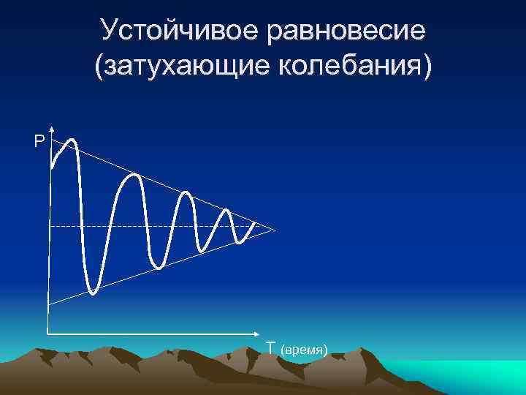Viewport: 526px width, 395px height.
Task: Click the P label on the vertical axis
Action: tap(38, 141)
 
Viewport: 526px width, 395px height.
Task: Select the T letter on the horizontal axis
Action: tap(270, 347)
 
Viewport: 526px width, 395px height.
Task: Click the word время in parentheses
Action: tap(306, 350)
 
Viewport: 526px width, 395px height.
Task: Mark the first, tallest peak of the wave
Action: tap(72, 139)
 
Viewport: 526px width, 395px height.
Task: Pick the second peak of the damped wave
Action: tap(134, 176)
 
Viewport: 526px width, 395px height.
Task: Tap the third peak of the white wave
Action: tap(186, 194)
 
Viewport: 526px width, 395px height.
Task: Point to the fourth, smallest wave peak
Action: tap(226, 211)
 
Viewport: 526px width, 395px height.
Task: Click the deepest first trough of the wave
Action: tap(93, 293)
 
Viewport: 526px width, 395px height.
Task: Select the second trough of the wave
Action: tap(159, 267)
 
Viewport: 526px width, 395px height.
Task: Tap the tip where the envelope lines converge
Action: tap(275, 230)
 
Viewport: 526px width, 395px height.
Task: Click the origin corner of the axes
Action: tap(48, 334)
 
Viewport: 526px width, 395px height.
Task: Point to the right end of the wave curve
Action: tap(254, 223)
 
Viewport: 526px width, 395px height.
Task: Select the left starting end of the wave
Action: tap(52, 168)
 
